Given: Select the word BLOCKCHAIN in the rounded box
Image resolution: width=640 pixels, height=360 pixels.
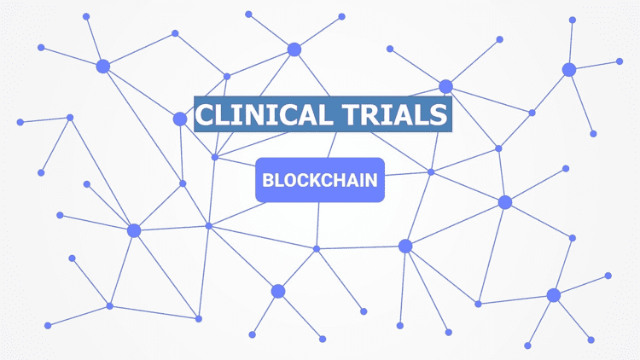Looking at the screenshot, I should (x=320, y=181).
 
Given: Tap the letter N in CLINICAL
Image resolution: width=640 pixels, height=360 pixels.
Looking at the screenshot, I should (x=259, y=114).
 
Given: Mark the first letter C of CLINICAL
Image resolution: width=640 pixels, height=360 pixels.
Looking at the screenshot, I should (x=207, y=114).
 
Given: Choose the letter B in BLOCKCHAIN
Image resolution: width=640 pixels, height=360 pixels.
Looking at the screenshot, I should (x=267, y=181).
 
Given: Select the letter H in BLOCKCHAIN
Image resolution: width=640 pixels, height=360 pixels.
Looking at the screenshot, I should (x=340, y=181).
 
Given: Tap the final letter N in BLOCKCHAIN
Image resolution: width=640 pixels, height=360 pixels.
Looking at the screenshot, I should (x=372, y=181).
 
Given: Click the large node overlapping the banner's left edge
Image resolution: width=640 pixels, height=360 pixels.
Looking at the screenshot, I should (x=180, y=119).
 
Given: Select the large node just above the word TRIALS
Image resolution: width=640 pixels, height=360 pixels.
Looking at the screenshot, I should (x=445, y=86).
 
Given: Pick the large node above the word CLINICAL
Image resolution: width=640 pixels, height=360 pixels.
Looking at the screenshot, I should (x=294, y=49).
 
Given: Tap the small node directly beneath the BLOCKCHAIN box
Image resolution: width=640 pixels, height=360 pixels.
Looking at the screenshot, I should (x=317, y=248).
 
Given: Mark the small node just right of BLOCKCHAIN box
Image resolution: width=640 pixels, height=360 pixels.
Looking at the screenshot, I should (x=431, y=172).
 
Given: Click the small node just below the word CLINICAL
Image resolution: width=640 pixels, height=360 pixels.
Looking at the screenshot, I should (x=215, y=157).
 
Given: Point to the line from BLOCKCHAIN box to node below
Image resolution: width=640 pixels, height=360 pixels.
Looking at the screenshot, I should (x=318, y=225).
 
